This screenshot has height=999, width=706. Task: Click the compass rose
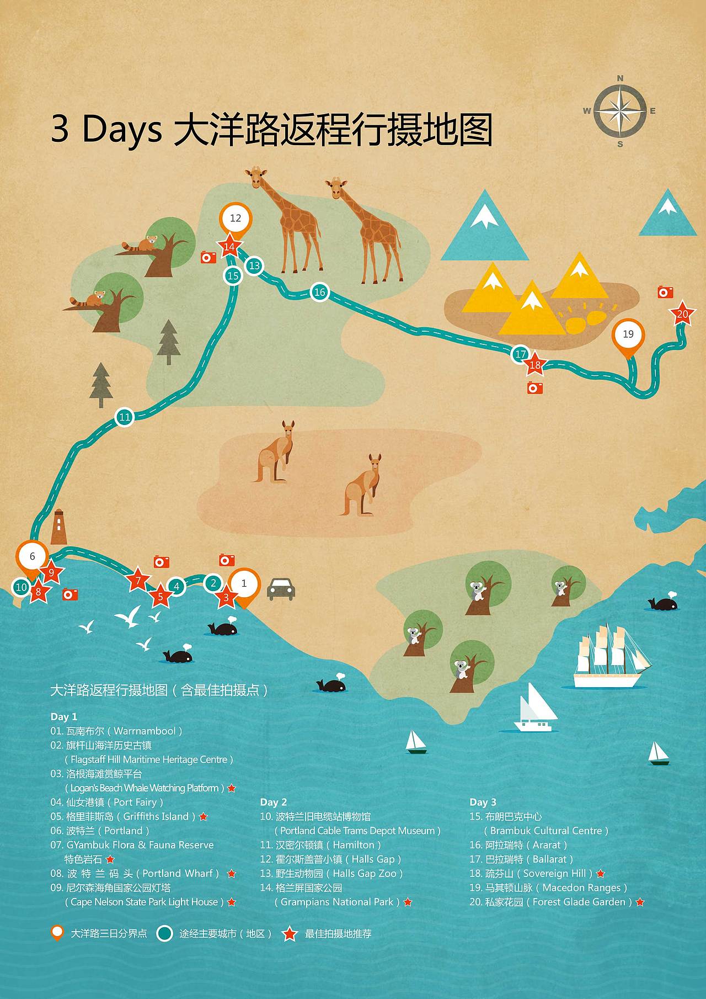point(620,111)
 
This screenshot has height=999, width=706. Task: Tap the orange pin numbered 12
point(236,219)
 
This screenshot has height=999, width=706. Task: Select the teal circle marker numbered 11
point(125,417)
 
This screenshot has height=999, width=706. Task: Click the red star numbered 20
point(682,314)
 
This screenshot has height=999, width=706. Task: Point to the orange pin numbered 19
point(628,334)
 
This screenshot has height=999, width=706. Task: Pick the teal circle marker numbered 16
point(320,292)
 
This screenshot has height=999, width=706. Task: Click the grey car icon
point(281,588)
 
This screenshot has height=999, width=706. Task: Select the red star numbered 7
point(138,580)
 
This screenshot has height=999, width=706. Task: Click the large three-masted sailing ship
point(609,657)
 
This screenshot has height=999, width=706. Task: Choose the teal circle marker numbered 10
point(21,587)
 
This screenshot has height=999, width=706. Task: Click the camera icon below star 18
point(534,388)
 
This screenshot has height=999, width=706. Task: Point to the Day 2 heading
point(273,802)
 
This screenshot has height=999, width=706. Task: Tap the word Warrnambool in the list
point(145,731)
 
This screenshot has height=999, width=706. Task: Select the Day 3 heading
point(483,802)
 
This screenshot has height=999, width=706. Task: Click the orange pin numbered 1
point(244,584)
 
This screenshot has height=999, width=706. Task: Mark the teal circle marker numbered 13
point(254,265)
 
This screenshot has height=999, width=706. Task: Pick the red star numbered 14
point(229,247)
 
